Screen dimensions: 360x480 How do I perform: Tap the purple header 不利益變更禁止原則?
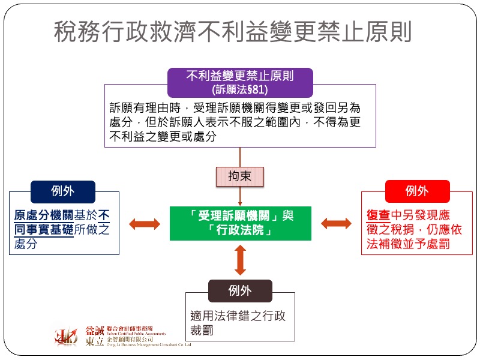tap(240, 76)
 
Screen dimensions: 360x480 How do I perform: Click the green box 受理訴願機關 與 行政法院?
tap(241, 223)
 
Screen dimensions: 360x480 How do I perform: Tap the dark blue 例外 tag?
tap(63, 191)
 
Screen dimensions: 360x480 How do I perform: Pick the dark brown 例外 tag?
tap(240, 291)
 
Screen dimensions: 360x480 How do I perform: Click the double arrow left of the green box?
tap(145, 224)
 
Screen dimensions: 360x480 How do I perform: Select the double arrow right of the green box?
tap(336, 224)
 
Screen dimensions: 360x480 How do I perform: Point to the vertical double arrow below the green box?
tap(241, 260)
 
